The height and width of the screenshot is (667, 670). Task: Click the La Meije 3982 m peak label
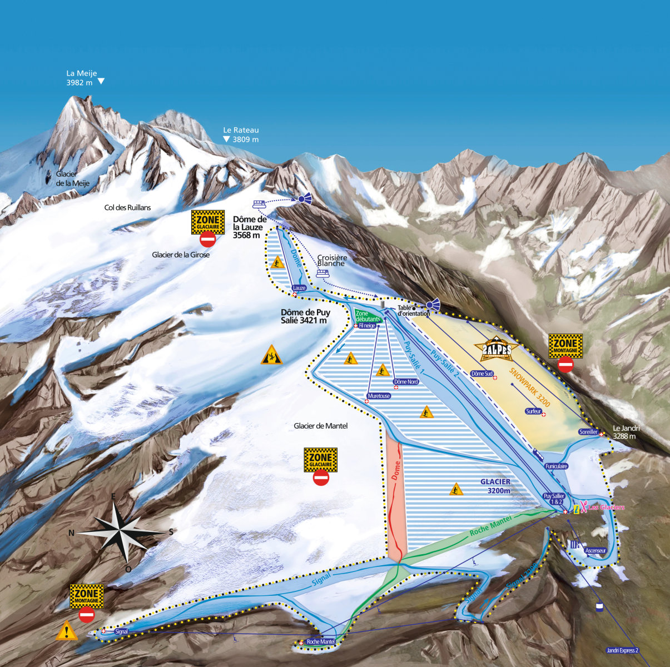coord(80,77)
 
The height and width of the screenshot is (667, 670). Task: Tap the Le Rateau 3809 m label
coord(241,135)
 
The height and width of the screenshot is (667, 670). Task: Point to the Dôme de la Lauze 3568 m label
coord(250,227)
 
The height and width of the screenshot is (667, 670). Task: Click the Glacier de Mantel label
coord(320,426)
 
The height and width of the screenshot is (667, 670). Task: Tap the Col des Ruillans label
coord(127,208)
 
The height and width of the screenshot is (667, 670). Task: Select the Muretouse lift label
coord(378,396)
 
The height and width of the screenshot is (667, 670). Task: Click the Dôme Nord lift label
coord(405,382)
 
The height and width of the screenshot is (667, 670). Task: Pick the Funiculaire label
coord(556,466)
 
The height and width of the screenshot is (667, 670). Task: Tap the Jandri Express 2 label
coord(622,650)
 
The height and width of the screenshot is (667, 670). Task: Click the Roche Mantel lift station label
coord(321,641)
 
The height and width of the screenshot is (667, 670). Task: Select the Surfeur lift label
coord(533,411)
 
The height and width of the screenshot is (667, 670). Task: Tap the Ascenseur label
coord(595,551)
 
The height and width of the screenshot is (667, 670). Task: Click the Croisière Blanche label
coord(332,260)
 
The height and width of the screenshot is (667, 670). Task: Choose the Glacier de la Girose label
coord(181,255)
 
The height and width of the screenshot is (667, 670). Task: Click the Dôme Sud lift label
coord(482,374)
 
